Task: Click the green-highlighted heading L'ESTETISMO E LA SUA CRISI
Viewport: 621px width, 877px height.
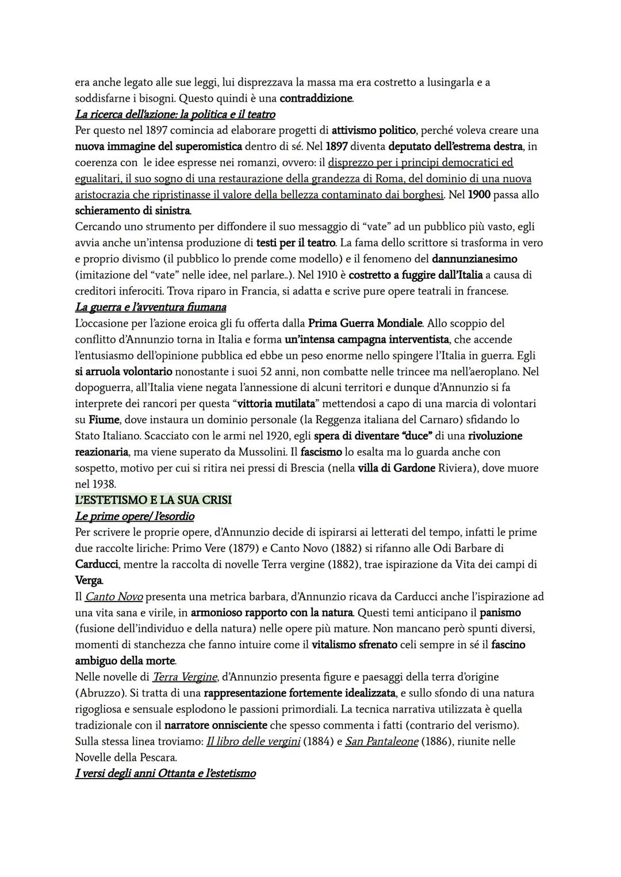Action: [x=154, y=500]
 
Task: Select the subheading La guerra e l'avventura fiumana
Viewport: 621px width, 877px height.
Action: [x=151, y=307]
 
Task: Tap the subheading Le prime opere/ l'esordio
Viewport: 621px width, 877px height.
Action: [x=135, y=516]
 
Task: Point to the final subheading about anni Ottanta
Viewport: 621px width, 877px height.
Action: [x=166, y=773]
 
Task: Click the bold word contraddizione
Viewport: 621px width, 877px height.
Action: [x=316, y=98]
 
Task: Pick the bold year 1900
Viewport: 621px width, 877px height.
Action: [x=479, y=195]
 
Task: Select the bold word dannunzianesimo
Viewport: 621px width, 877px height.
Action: [x=474, y=259]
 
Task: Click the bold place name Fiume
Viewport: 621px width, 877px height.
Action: [x=104, y=420]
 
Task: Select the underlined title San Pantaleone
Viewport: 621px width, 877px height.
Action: [x=381, y=741]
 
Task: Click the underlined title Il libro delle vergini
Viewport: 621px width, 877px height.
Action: [x=253, y=741]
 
